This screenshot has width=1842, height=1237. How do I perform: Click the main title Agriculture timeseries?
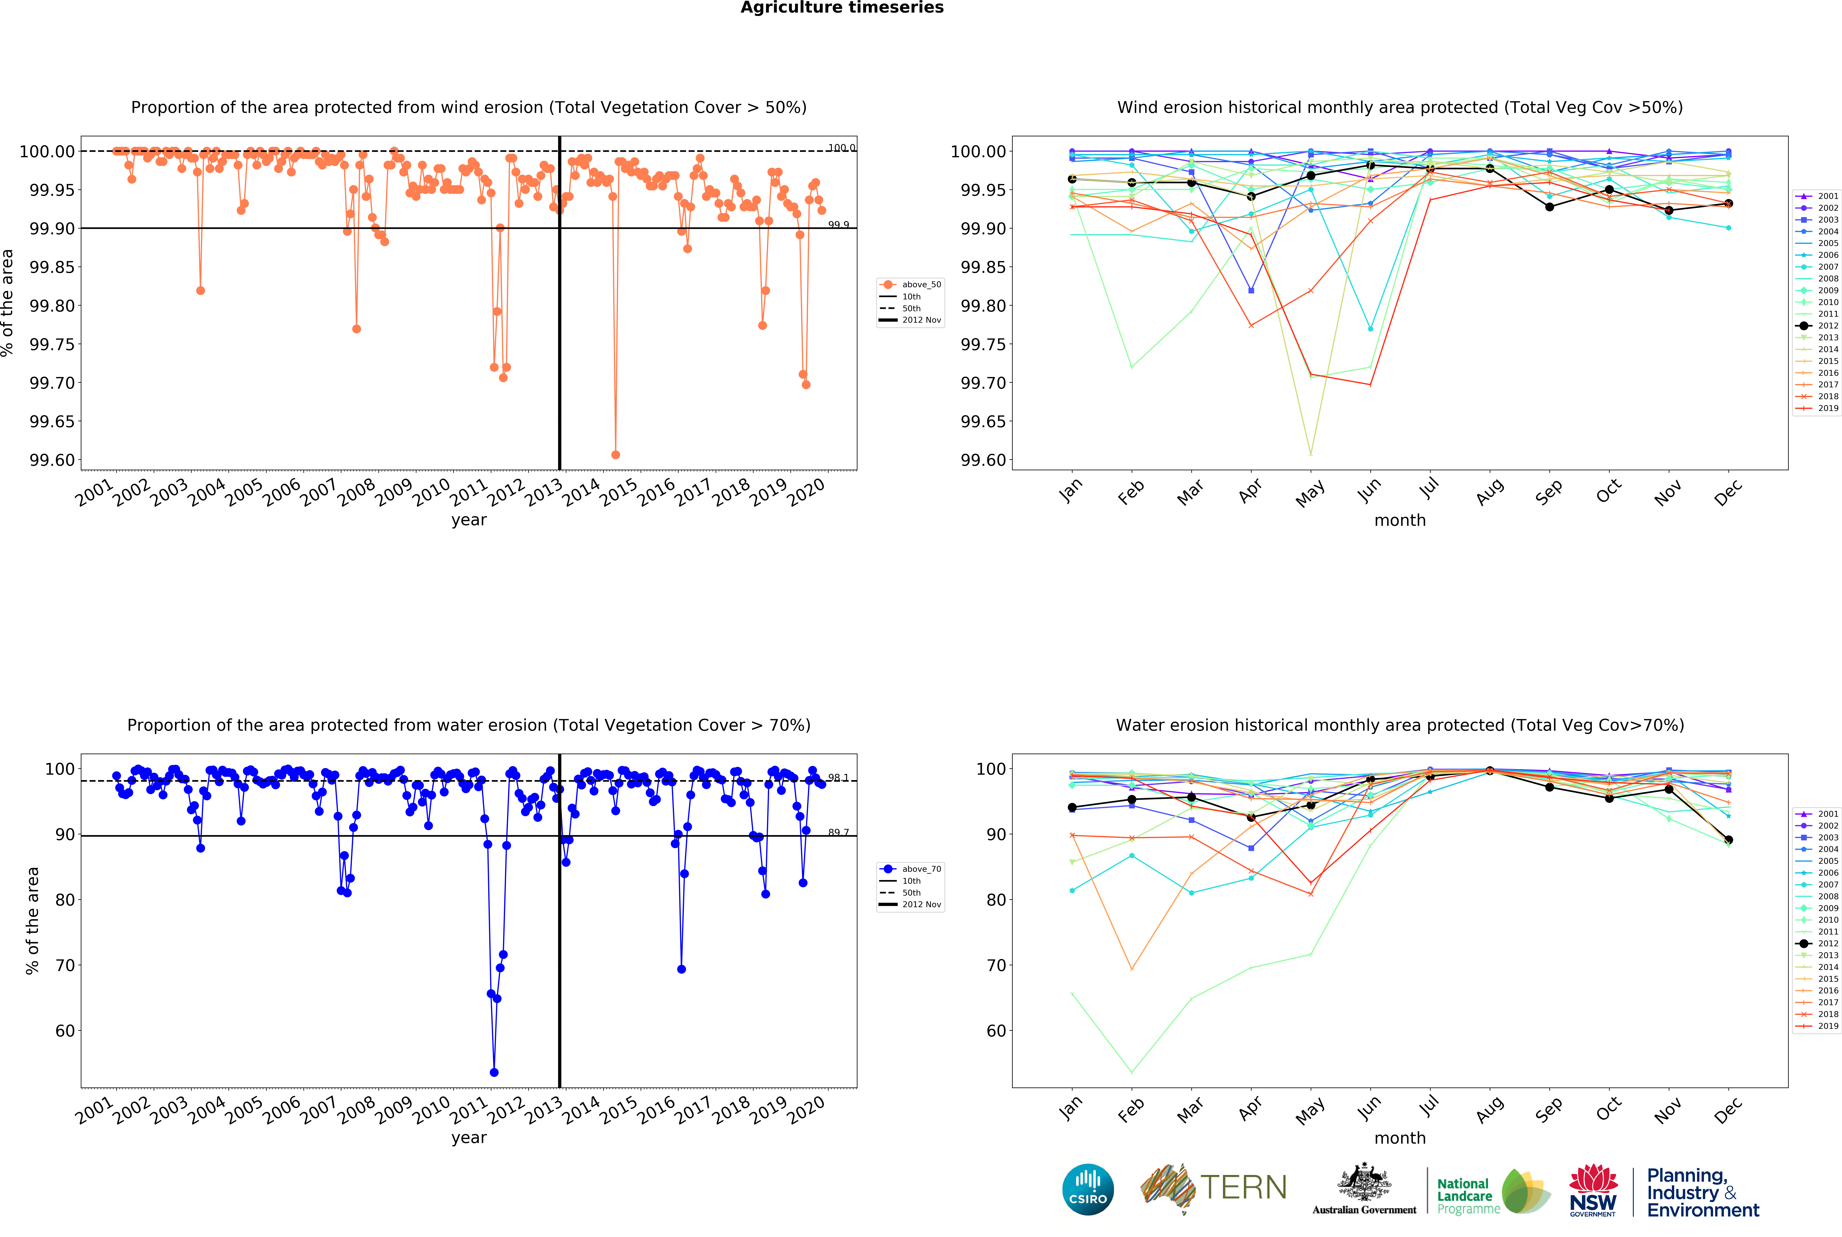click(841, 8)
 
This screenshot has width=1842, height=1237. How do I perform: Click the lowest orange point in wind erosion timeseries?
click(616, 454)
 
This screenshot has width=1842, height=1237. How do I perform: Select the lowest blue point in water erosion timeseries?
click(494, 1072)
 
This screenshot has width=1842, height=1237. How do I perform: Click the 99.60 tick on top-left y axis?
click(52, 460)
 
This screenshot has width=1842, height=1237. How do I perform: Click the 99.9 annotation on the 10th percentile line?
click(838, 225)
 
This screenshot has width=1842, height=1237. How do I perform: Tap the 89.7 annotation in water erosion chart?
click(838, 832)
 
